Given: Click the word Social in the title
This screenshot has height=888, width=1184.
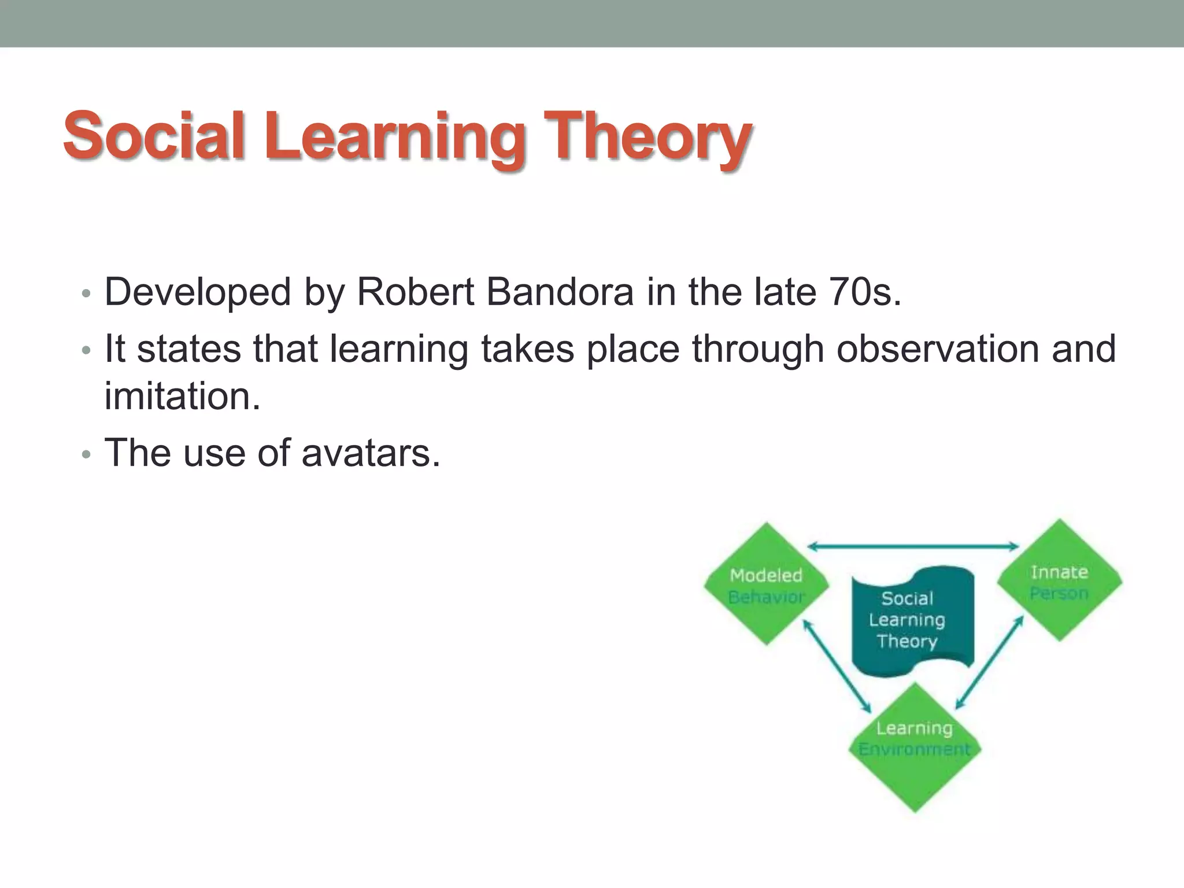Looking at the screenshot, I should [x=154, y=136].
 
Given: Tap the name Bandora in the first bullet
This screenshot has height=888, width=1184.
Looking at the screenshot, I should [x=560, y=293].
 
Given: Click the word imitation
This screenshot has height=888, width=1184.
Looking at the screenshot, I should [x=182, y=397].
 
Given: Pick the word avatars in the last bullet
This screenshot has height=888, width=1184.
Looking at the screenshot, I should [x=371, y=453].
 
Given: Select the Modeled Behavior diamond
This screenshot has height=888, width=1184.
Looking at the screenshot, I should [x=766, y=584].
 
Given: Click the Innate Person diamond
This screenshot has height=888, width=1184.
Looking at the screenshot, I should [x=1059, y=581].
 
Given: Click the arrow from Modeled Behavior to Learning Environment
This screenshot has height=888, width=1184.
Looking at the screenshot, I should [x=837, y=665].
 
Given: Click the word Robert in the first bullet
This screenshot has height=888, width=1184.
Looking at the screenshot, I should [x=416, y=293].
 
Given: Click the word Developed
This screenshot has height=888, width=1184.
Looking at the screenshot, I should [x=197, y=293].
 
